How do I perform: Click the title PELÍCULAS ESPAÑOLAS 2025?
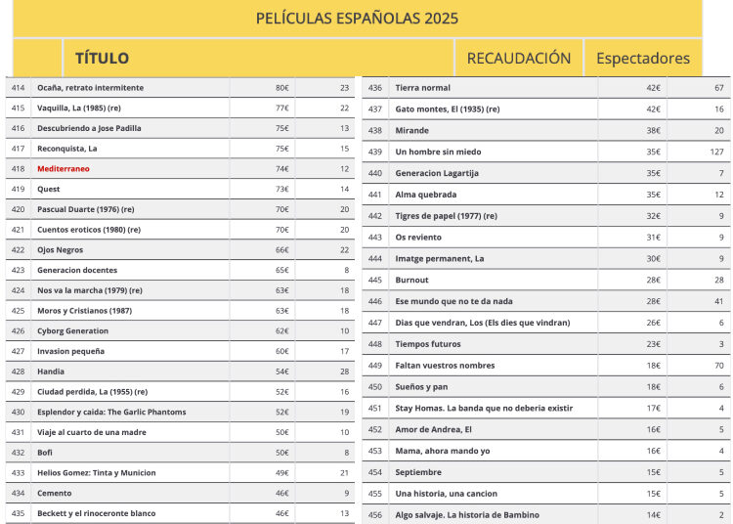point(357,19)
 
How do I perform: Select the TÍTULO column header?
point(102,59)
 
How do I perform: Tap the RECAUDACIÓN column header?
point(518,59)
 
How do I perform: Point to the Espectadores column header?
point(642,59)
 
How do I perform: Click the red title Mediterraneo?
point(63,169)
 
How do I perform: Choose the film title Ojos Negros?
point(61,250)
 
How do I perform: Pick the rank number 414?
point(18,88)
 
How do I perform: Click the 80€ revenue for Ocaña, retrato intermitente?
point(281,88)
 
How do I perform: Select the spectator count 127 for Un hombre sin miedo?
point(716,153)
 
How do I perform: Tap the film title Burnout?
point(411,281)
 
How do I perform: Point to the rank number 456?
point(375,515)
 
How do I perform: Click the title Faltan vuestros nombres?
point(445,366)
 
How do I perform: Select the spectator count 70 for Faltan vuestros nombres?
point(718,366)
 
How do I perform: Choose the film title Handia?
point(51,371)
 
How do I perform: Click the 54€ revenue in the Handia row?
point(281,371)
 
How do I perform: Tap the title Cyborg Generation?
point(73,331)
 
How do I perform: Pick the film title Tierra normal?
point(422,88)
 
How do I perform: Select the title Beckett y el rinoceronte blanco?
point(96,513)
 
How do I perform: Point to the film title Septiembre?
point(419,472)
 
